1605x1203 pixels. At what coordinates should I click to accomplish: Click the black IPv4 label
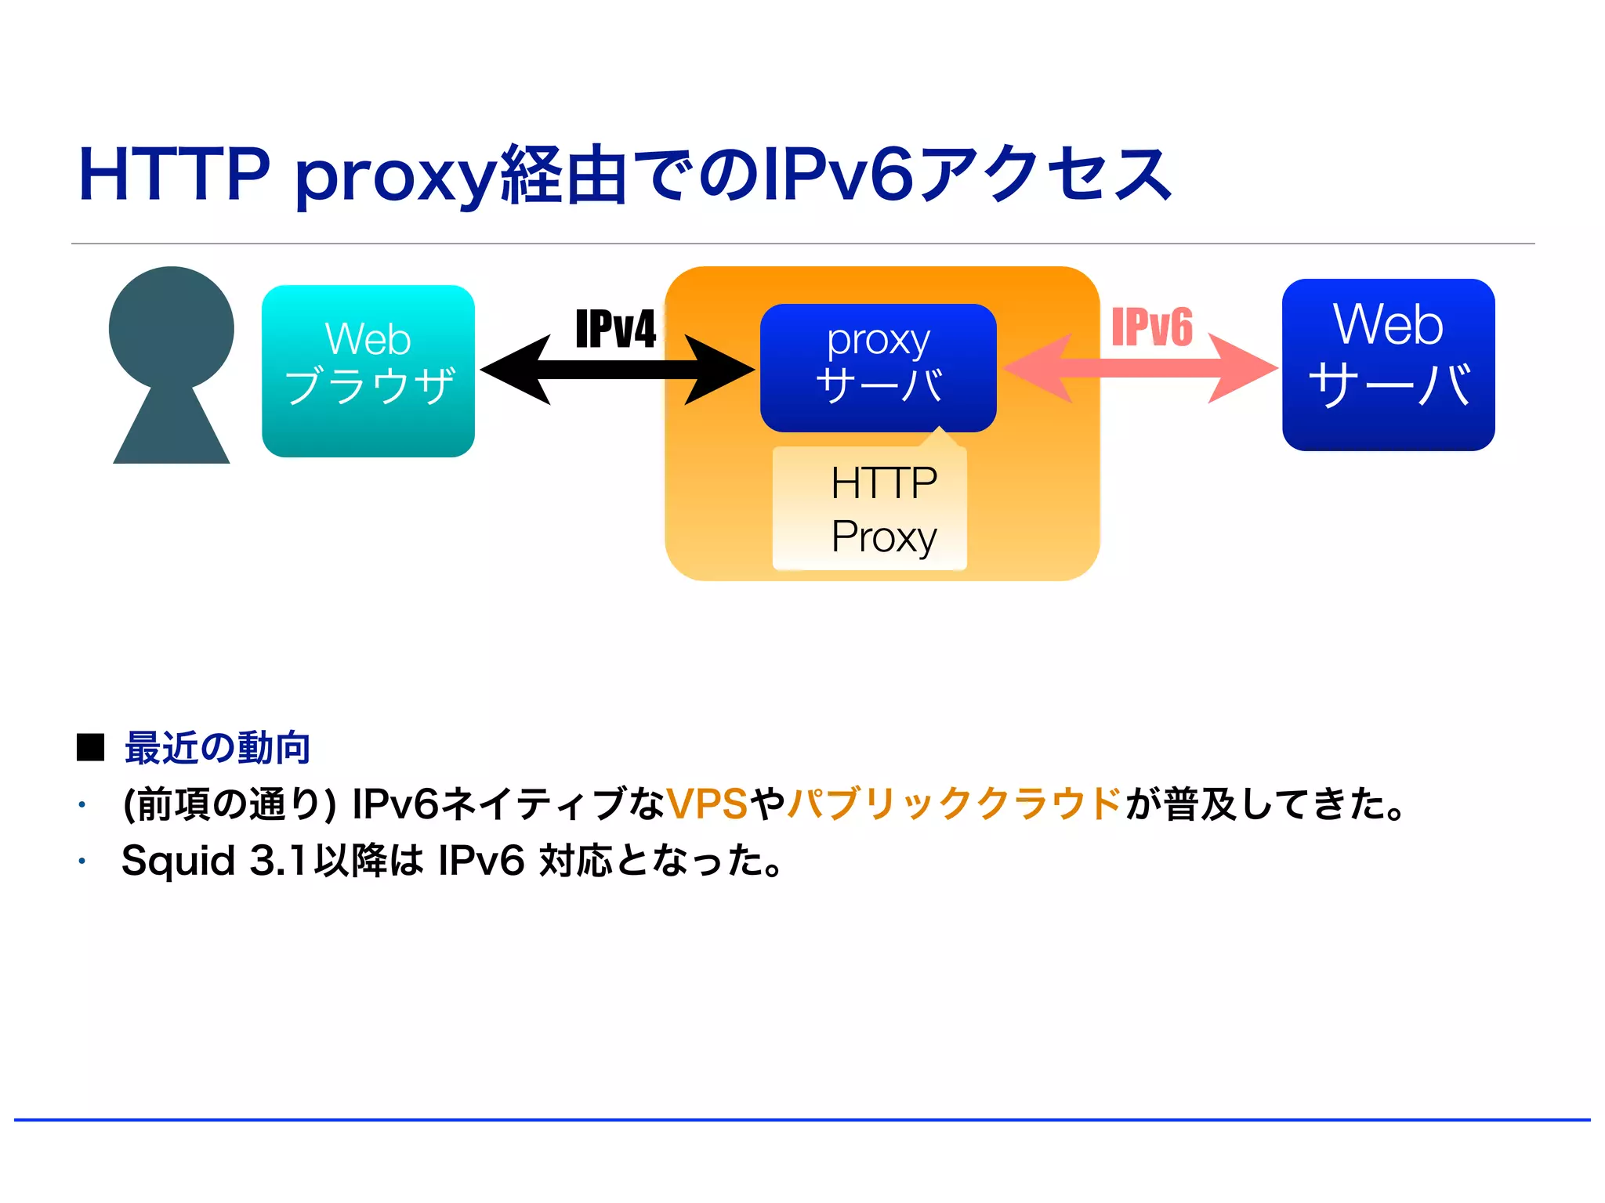pos(616,329)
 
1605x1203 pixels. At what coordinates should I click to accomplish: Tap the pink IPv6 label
pos(1152,327)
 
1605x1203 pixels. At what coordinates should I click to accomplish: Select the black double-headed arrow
pos(618,370)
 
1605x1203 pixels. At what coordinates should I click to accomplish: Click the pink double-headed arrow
pos(1140,368)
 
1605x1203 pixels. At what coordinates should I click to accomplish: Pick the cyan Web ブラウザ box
pos(368,370)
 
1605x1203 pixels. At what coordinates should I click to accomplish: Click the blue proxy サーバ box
pos(878,367)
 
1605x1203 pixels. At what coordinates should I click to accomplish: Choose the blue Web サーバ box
pos(1388,364)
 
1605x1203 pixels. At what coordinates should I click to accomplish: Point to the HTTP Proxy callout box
pos(870,509)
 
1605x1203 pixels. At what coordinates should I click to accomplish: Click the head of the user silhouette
pos(171,327)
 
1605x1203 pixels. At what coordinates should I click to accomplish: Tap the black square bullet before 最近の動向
pos(90,748)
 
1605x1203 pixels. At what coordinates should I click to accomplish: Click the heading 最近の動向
pos(218,748)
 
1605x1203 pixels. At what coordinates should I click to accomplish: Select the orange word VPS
pos(707,804)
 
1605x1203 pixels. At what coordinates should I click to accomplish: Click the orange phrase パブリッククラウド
pos(955,804)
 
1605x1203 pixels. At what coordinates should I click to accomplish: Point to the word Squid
pos(179,861)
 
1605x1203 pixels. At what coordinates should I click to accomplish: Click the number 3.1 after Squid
pos(277,861)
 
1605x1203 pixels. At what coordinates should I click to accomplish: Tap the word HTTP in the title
pos(174,174)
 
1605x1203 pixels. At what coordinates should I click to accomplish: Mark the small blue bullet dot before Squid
pos(82,862)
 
